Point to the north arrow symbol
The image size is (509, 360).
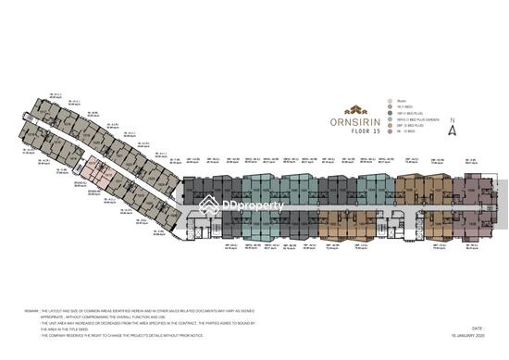451,130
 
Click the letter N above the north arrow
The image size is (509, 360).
451,119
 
